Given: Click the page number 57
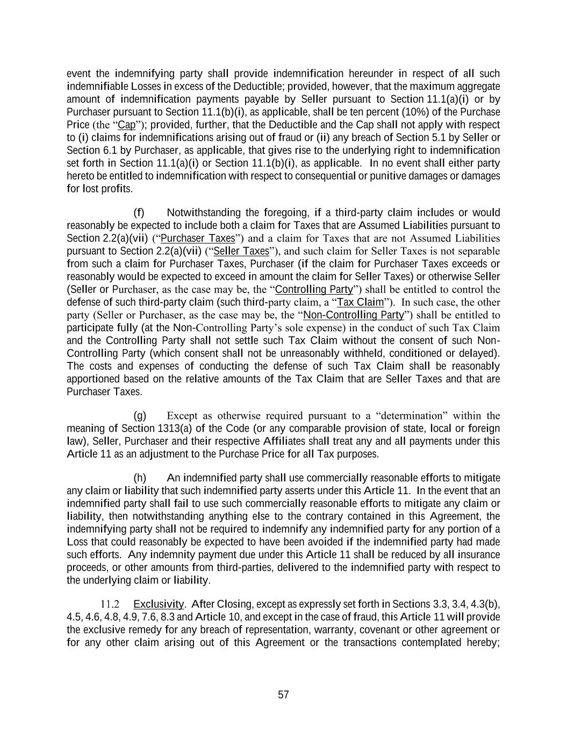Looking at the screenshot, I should coord(283,695).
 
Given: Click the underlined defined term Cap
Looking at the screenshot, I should coord(126,125).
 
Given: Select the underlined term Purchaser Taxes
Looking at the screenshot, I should coord(198,238).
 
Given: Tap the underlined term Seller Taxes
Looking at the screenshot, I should coord(241,251).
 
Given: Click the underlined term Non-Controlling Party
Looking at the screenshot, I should coord(354,315).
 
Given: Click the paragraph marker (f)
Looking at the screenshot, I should coord(139,212).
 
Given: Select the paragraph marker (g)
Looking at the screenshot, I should coord(139,416).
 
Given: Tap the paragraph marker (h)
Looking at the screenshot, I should coord(139,478).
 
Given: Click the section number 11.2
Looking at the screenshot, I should coord(110,604).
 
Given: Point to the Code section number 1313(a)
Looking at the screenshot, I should coord(161,429).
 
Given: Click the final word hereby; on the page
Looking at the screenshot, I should coord(484,643).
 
